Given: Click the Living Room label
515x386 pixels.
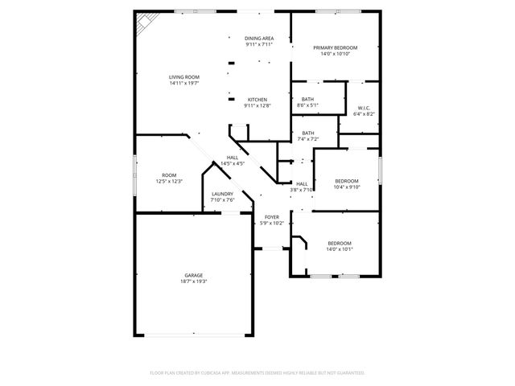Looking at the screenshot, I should pos(184,77).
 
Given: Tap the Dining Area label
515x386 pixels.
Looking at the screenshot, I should pos(258,39).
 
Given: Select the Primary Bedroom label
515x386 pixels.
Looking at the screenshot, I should pos(335,47).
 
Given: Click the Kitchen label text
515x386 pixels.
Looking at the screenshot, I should pos(257,100).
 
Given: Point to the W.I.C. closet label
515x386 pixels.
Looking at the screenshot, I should pos(363,109).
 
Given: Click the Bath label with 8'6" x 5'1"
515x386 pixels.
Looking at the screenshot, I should pos(307,99).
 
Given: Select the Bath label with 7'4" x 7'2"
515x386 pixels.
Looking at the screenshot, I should pos(308,133).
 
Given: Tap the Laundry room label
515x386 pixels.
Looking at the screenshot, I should pos(223,194).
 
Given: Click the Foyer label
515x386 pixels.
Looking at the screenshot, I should pos(272,217).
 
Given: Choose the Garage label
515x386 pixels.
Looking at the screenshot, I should pos(194,275).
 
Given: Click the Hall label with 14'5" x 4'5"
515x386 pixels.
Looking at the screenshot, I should pos(233,157).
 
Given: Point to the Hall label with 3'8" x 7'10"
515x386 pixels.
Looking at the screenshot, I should pos(302,184).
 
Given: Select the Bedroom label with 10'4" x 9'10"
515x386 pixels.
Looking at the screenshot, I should pos(347,181).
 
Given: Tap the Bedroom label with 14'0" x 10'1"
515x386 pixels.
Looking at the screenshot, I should pos(340,243).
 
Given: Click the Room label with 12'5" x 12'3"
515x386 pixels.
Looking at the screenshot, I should pos(169,175).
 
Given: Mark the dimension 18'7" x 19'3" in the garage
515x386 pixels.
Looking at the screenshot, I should pos(194,281).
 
